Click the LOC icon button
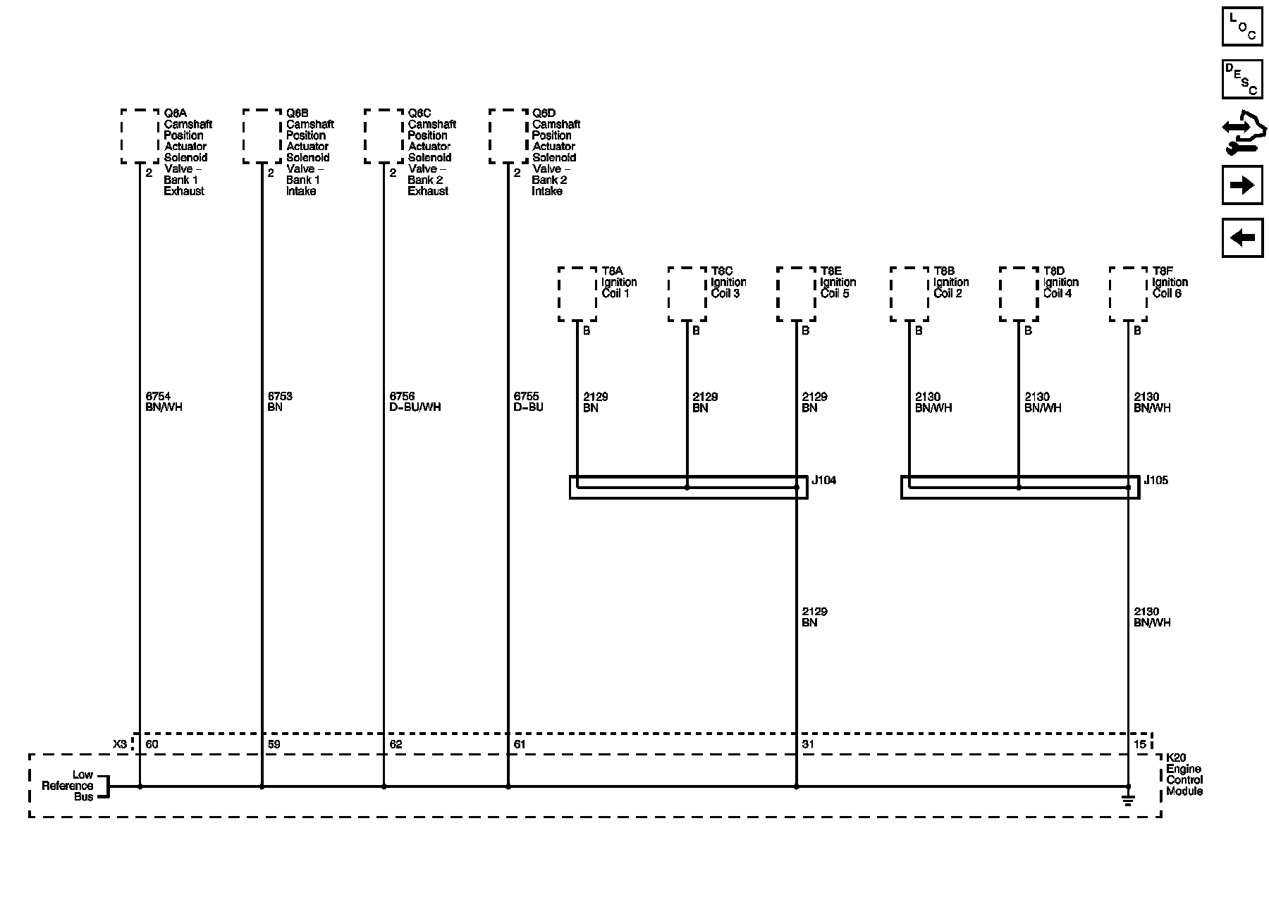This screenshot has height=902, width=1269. tap(1242, 27)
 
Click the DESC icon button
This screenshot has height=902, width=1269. tap(1242, 79)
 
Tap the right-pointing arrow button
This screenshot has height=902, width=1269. tap(1242, 185)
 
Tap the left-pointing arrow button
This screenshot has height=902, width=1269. tap(1242, 237)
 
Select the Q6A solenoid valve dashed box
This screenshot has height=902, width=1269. tap(140, 137)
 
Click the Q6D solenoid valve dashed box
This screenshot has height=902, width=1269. tap(508, 137)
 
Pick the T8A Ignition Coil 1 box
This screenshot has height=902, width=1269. tap(577, 294)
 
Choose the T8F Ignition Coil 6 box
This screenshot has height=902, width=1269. tap(1128, 294)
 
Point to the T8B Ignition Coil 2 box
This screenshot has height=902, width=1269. tap(909, 294)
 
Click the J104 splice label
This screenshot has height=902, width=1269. tap(823, 481)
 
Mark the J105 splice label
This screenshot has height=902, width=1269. tap(1155, 481)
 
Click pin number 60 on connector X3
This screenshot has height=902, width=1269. tap(152, 744)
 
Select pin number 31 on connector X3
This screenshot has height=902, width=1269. tap(808, 744)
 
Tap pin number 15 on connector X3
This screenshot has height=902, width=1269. tap(1139, 744)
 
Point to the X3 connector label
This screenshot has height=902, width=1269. tap(120, 744)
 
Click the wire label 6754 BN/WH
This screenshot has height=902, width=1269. tap(164, 402)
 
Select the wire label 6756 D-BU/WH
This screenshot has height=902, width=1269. tap(415, 402)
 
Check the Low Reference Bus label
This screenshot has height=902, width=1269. tap(68, 786)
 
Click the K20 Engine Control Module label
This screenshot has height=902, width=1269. tap(1184, 774)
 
